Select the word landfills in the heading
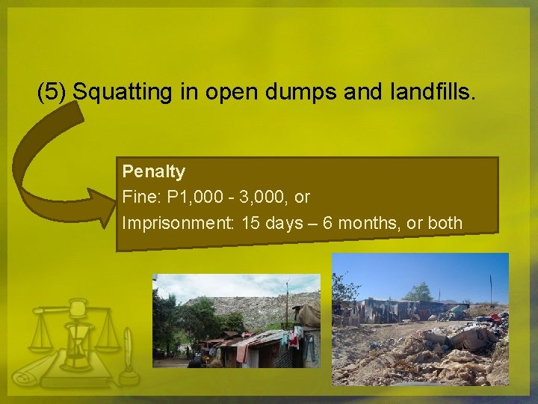(x=432, y=93)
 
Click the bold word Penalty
(x=154, y=172)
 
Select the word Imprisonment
(x=177, y=223)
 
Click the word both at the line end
(x=446, y=223)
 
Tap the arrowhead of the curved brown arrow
(x=100, y=206)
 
